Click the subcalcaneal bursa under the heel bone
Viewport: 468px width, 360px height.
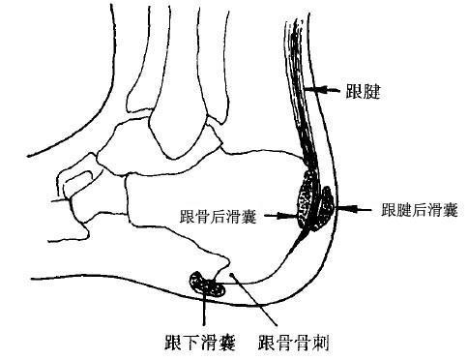[204, 283]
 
